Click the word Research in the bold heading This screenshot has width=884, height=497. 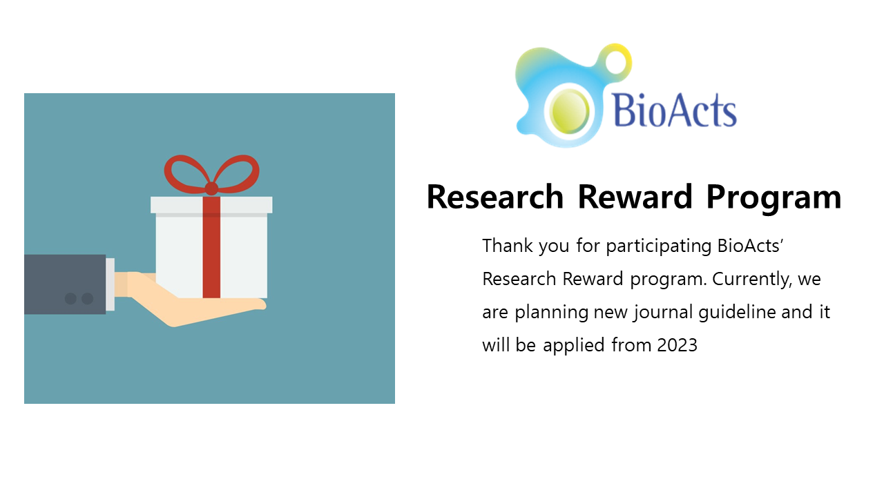495,197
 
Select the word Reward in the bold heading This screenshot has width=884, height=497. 635,197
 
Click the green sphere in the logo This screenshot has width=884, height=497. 569,111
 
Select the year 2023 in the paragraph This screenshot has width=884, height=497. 678,345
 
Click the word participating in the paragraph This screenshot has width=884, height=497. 659,247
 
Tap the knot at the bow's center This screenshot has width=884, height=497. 211,188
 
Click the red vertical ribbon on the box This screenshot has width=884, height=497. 211,247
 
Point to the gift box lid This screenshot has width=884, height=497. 211,205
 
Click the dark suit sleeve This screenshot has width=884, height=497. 65,284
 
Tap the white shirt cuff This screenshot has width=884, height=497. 110,284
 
